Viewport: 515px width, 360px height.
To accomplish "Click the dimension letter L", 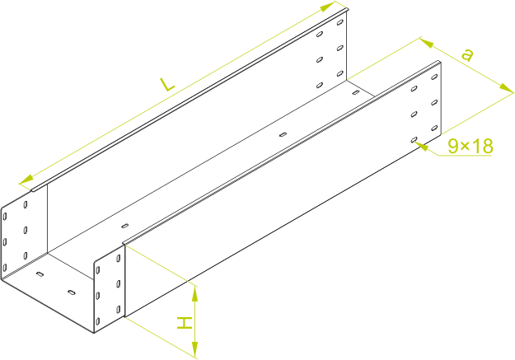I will (166, 85).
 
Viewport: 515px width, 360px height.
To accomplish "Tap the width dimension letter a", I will (467, 56).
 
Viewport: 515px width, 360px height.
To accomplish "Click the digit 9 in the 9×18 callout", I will (453, 147).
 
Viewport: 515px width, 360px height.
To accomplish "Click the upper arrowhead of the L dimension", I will (337, 7).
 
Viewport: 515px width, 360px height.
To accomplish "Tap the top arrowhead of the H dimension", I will (195, 288).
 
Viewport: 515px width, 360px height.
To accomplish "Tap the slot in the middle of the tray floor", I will (283, 134).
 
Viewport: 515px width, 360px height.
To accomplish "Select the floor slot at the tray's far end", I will (356, 92).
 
